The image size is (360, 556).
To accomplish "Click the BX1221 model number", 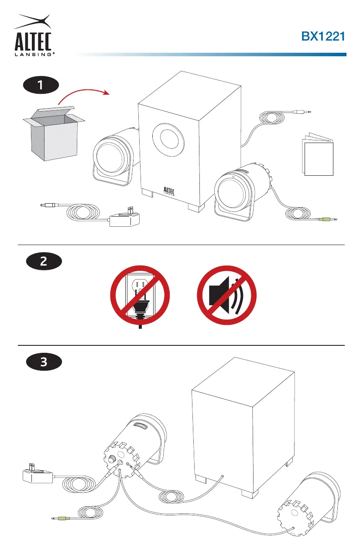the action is pos(323,36).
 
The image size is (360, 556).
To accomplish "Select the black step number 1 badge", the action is pos(41,85).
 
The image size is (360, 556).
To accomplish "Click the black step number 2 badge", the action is pos(44,261).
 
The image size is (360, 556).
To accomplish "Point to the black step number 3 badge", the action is pos(44,362).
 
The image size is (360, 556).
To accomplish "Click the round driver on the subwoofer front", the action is pos(168,140).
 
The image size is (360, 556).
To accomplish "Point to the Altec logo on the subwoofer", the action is pos(169,191).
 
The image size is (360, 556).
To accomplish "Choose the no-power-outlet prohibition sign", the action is pos(140,295).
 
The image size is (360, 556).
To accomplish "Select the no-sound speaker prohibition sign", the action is pos(227,295).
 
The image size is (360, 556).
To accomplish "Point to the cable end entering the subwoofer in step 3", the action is pos(223,476).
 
